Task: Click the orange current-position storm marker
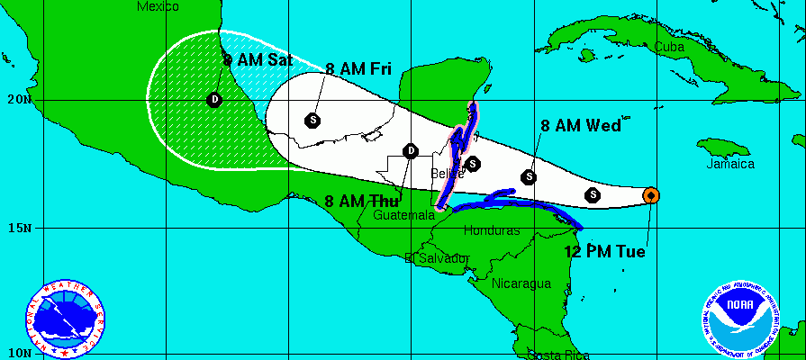pyautogui.click(x=650, y=194)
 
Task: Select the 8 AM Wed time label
pyautogui.click(x=581, y=126)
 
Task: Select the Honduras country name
pyautogui.click(x=492, y=230)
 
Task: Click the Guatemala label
pyautogui.click(x=403, y=216)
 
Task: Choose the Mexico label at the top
pyautogui.click(x=158, y=6)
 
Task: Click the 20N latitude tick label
pyautogui.click(x=16, y=99)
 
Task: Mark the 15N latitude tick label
pyautogui.click(x=16, y=227)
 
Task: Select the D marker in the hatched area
pyautogui.click(x=214, y=99)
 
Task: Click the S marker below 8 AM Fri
pyautogui.click(x=312, y=119)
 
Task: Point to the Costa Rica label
pyautogui.click(x=558, y=354)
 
